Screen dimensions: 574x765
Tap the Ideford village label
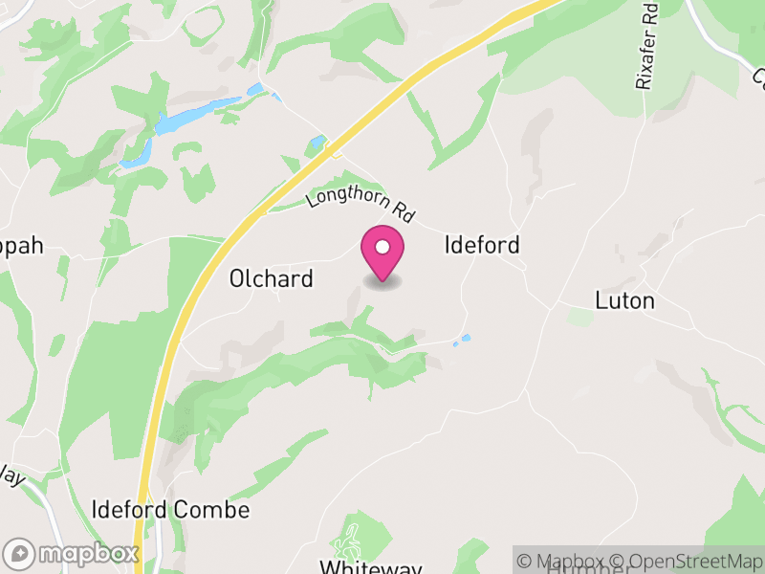pos(482,245)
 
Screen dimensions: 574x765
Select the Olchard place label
pos(272,278)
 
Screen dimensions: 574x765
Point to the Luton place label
pos(624,300)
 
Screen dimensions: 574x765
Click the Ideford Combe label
pos(171,510)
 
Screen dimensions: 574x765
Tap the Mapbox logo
pos(72,553)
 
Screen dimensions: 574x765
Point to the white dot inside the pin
pos(382,248)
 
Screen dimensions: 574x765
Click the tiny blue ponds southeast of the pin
pos(462,340)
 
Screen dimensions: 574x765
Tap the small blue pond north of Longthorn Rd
pos(317,144)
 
